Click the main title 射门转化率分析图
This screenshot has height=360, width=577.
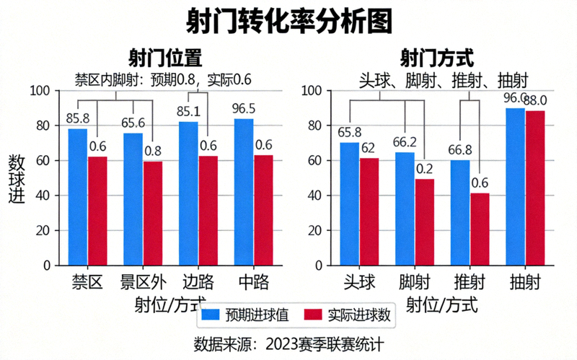(x=288, y=21)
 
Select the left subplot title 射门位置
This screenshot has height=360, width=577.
(x=164, y=57)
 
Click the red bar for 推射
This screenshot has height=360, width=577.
(x=480, y=229)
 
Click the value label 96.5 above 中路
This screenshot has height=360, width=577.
(x=244, y=109)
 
